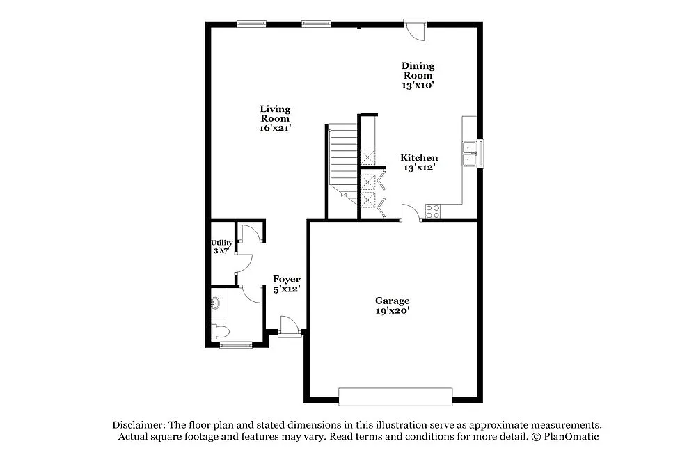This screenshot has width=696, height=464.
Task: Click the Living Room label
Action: (x=275, y=118)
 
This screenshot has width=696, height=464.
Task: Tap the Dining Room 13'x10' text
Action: (x=418, y=75)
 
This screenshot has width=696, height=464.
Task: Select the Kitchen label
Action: (x=418, y=162)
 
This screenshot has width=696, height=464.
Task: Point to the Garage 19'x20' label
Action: (x=393, y=305)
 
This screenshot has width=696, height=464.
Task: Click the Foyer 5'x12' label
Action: (x=286, y=284)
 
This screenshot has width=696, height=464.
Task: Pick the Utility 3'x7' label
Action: (x=222, y=246)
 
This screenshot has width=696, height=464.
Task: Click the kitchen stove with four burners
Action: (x=432, y=210)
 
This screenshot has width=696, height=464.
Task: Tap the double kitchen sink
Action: (x=470, y=154)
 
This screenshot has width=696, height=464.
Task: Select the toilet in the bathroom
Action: (x=219, y=331)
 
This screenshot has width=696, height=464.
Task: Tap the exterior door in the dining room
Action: (x=416, y=29)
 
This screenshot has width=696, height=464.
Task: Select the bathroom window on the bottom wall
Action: (x=236, y=344)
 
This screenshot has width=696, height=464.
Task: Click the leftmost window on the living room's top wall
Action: (x=251, y=24)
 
